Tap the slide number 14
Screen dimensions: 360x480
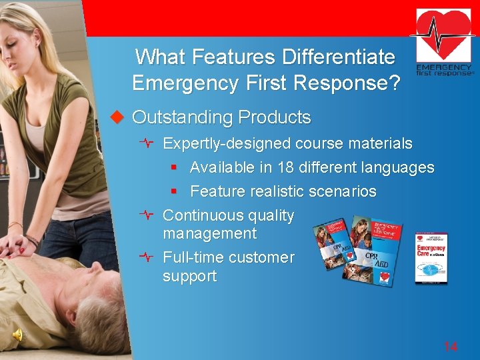pyautogui.click(x=451, y=346)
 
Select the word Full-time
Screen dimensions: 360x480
pyautogui.click(x=189, y=257)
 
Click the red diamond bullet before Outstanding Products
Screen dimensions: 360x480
pyautogui.click(x=118, y=117)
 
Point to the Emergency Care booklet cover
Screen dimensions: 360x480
pyautogui.click(x=431, y=257)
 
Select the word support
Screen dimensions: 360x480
pyautogui.click(x=189, y=276)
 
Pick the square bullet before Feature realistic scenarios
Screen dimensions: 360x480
pyautogui.click(x=173, y=192)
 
